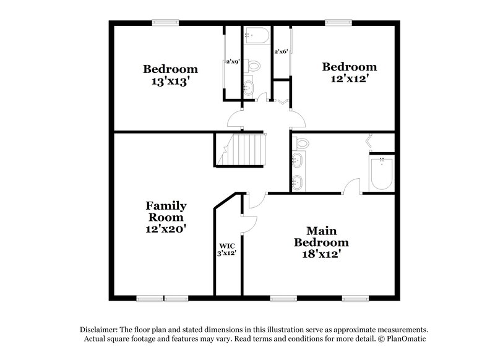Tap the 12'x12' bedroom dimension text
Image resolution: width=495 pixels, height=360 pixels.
[350, 79]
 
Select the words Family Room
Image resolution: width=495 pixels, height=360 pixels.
[166, 212]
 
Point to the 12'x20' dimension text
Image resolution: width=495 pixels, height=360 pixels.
[166, 228]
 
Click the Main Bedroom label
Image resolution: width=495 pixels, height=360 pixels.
[321, 236]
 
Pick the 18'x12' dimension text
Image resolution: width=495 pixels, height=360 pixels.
[321, 254]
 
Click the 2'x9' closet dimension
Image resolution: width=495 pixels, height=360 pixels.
[233, 62]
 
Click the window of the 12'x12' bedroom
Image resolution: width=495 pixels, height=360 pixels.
[338, 23]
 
